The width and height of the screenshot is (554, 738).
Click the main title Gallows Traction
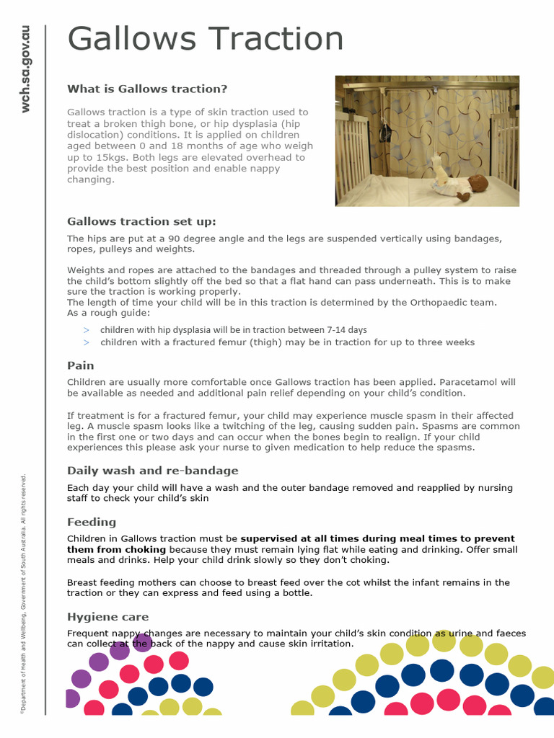[205, 40]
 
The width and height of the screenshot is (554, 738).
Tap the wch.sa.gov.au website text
[26, 69]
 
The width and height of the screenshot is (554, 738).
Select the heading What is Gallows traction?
[147, 89]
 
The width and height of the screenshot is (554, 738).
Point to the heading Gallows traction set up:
[141, 221]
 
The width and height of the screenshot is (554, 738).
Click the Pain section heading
[81, 365]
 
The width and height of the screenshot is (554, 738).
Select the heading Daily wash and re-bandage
[152, 471]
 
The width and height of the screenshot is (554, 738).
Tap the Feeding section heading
[92, 522]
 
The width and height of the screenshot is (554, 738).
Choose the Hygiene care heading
[108, 617]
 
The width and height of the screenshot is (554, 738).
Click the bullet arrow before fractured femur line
[86, 342]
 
